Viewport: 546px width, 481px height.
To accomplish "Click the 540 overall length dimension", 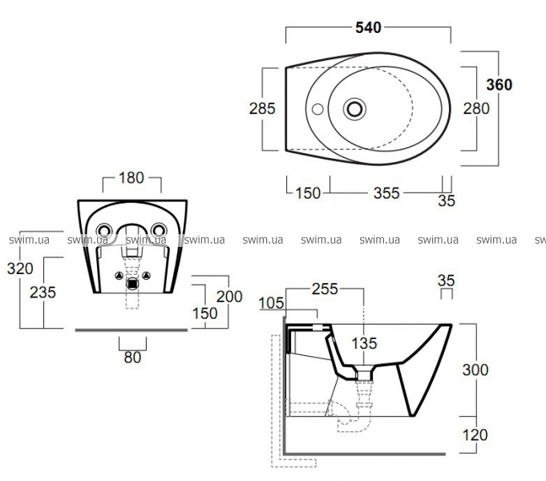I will [x=368, y=27].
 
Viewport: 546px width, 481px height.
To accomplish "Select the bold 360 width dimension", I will [x=499, y=84].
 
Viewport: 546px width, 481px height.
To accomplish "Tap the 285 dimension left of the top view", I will [x=263, y=108].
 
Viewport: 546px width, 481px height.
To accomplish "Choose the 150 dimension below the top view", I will [x=309, y=192].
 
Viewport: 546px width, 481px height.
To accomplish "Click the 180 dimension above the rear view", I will [x=132, y=177].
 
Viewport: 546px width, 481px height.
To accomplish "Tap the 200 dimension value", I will [x=229, y=296].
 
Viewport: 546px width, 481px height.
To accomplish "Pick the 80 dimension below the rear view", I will [x=132, y=357].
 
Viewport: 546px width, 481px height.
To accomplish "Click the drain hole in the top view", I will [x=354, y=107].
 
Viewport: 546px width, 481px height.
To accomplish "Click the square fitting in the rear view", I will [x=132, y=280].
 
